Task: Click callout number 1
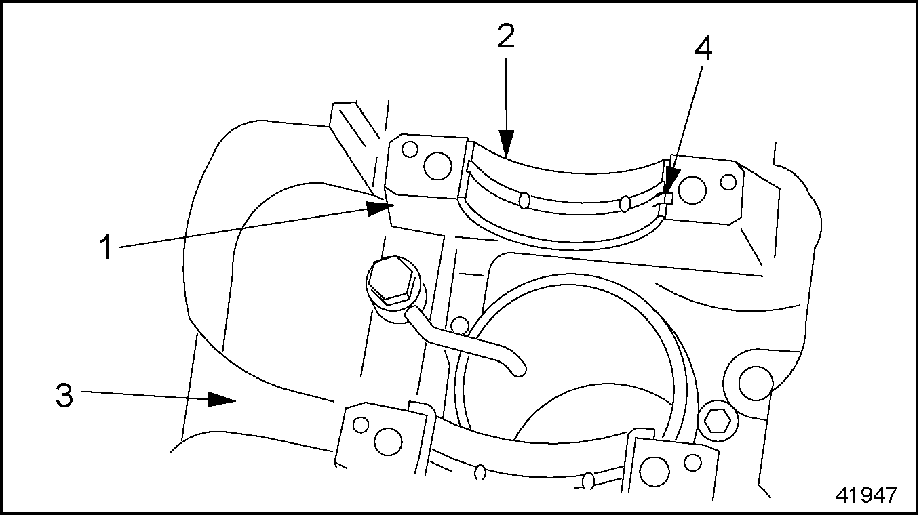[x=106, y=247]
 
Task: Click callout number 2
[x=505, y=36]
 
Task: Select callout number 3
[x=64, y=395]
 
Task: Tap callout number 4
[x=703, y=48]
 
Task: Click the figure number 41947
[x=867, y=495]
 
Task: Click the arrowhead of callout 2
[x=507, y=144]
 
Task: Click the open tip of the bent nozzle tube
[x=520, y=370]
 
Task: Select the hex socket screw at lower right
[x=718, y=421]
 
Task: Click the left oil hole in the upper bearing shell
[x=524, y=201]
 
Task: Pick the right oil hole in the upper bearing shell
[x=625, y=203]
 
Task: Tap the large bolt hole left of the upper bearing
[x=437, y=165]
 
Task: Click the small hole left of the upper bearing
[x=410, y=149]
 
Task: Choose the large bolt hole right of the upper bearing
[x=692, y=190]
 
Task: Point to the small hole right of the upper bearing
[x=728, y=182]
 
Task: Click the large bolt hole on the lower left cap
[x=388, y=441]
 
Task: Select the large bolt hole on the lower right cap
[x=654, y=472]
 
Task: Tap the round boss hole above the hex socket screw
[x=756, y=384]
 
